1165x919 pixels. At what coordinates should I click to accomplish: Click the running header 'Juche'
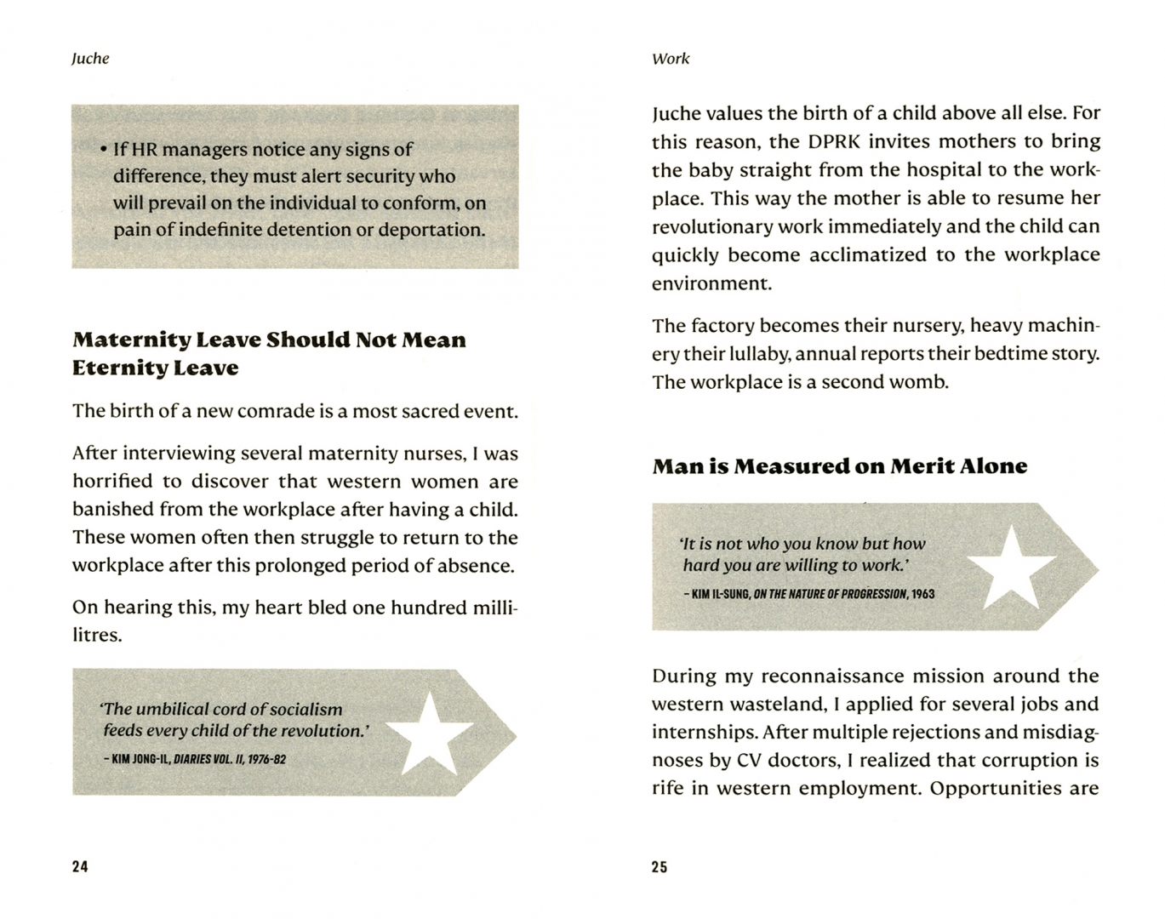(90, 59)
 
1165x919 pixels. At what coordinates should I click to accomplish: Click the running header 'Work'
(671, 59)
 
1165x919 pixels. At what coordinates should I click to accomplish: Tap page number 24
(80, 866)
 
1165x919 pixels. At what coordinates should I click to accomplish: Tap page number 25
(660, 867)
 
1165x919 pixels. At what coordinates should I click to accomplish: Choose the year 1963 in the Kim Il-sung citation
(922, 594)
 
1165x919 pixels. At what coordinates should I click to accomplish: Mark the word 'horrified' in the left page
(114, 482)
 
